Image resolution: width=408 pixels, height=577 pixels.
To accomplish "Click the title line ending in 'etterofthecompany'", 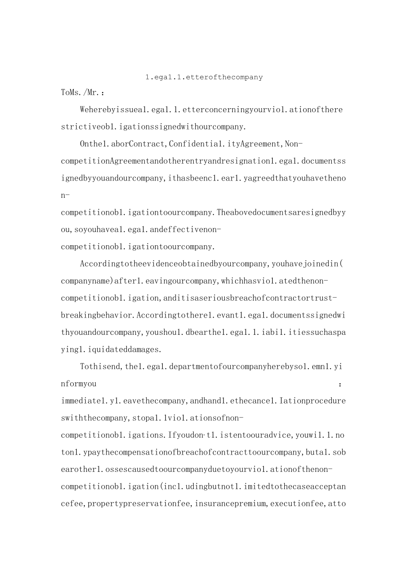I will [x=204, y=77].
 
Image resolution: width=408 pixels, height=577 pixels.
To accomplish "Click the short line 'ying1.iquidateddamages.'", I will [x=111, y=349].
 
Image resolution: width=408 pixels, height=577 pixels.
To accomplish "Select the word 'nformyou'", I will [x=78, y=384].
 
